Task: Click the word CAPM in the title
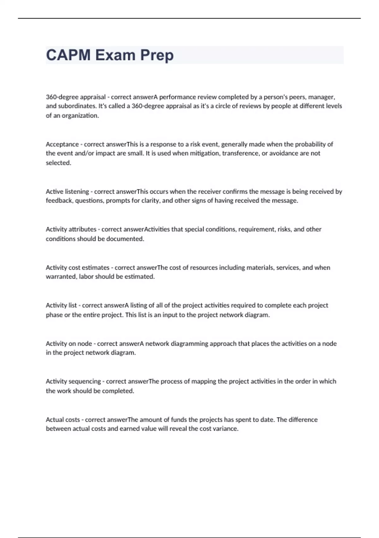(68, 55)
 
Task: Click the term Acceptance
(62, 144)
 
